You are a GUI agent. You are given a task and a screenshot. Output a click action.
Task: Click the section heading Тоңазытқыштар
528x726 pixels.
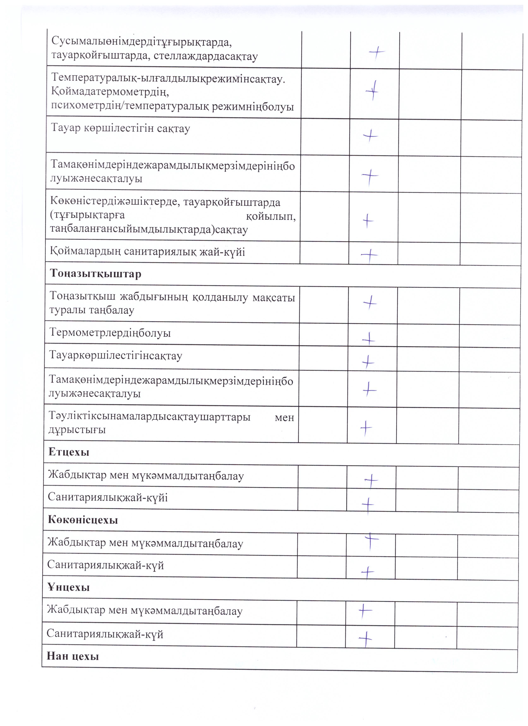[95, 274]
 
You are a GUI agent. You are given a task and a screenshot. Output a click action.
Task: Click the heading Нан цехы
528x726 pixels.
[73, 656]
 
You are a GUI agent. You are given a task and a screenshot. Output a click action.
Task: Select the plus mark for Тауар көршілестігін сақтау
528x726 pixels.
[370, 136]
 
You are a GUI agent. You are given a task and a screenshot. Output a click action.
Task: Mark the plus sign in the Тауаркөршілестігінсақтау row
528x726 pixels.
[368, 362]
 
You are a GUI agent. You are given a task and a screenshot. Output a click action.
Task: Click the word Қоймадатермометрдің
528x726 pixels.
[110, 92]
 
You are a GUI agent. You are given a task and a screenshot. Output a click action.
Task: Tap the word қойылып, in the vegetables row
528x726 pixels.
[271, 217]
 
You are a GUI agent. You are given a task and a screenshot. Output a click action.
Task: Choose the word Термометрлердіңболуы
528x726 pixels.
[110, 333]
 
